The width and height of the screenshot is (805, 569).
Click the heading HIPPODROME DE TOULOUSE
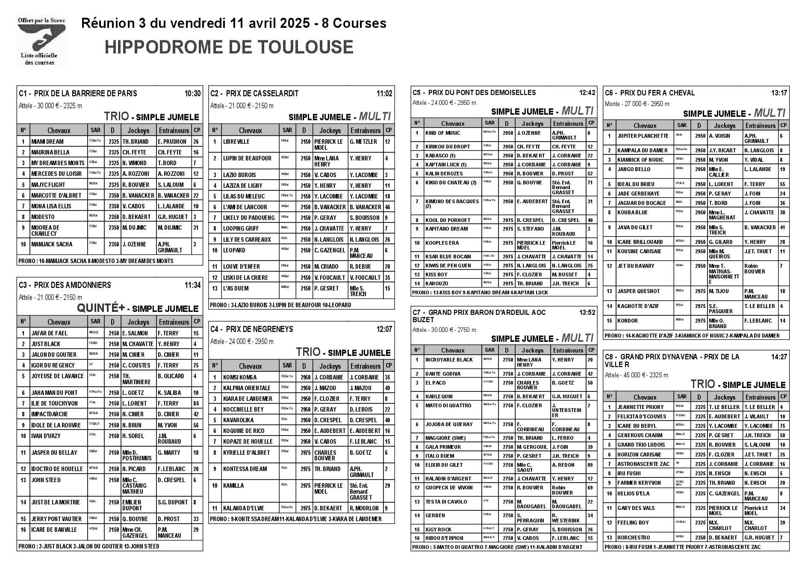pyautogui.click(x=229, y=47)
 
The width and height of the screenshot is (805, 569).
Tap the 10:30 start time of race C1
pyautogui.click(x=192, y=93)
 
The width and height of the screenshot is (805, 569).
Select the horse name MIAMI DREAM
pyautogui.click(x=47, y=142)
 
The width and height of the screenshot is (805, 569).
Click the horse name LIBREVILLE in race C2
pyautogui.click(x=236, y=142)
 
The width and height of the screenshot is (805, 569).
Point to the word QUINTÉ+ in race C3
pyautogui.click(x=100, y=308)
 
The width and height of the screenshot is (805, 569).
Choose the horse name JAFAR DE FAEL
pyautogui.click(x=49, y=333)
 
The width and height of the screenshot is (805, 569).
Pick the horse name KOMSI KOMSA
pyautogui.click(x=240, y=377)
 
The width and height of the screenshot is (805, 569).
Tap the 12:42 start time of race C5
pyautogui.click(x=587, y=92)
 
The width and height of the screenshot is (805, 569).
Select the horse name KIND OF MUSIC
pyautogui.click(x=442, y=133)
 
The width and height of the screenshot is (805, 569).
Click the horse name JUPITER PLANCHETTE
pyautogui.click(x=643, y=136)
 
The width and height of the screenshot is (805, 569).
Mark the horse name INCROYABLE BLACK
pyautogui.click(x=449, y=360)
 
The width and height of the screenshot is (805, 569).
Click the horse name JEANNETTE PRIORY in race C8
pyautogui.click(x=640, y=407)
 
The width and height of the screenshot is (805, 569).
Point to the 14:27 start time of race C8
pyautogui.click(x=779, y=357)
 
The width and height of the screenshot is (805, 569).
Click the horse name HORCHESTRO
pyautogui.click(x=634, y=537)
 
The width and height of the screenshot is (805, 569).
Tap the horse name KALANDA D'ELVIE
pyautogui.click(x=243, y=508)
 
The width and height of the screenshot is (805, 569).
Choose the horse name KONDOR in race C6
pyautogui.click(x=627, y=321)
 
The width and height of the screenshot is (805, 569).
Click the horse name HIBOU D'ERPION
pyautogui.click(x=444, y=538)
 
